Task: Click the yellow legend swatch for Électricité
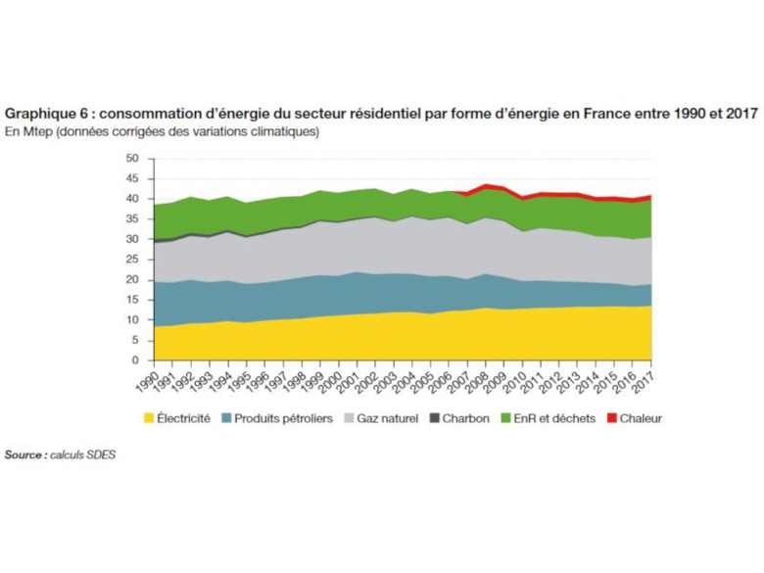(x=150, y=418)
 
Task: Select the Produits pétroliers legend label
(x=284, y=418)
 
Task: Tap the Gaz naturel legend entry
(x=387, y=418)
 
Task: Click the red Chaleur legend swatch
(x=612, y=418)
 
